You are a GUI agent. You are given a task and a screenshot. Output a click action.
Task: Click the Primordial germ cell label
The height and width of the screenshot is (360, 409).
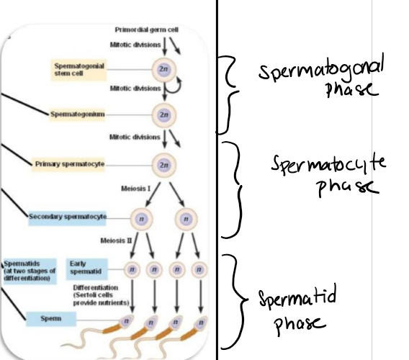[146, 29]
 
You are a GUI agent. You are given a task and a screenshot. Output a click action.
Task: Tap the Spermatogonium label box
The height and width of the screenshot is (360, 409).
[78, 114]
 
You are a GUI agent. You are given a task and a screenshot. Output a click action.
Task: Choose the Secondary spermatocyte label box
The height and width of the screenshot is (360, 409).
[68, 216]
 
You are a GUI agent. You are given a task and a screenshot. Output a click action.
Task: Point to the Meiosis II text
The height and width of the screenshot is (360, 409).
[117, 239]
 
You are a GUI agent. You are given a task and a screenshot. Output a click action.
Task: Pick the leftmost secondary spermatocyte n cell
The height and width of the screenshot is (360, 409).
[140, 216]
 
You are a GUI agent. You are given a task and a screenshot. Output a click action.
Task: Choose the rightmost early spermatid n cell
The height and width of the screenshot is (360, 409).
[196, 269]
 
